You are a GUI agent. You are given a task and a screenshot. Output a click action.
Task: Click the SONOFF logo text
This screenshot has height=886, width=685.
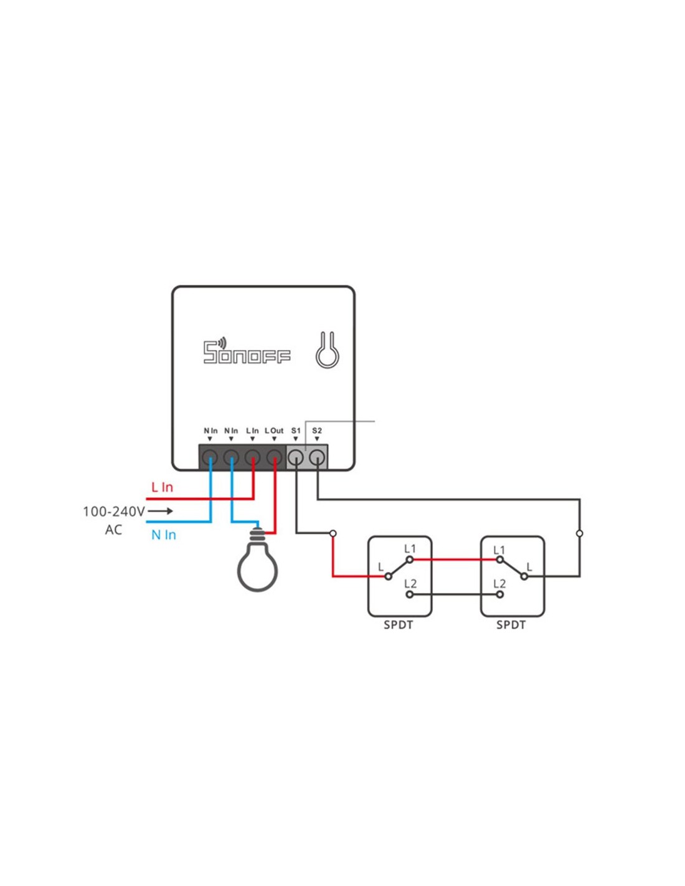[247, 351]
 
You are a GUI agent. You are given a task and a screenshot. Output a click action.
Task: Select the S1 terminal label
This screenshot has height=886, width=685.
[296, 431]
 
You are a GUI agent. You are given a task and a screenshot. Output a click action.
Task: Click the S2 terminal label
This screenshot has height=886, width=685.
[316, 431]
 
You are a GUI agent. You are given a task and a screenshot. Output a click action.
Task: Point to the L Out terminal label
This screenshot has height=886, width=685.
[274, 431]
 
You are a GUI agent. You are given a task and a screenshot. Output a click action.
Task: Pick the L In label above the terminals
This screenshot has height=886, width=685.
[252, 431]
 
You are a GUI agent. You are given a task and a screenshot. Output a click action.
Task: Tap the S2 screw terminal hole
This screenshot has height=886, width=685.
[317, 458]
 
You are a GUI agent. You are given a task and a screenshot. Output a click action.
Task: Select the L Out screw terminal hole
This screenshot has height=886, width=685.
[274, 458]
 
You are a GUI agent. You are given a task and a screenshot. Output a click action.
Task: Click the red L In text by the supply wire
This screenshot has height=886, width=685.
[162, 487]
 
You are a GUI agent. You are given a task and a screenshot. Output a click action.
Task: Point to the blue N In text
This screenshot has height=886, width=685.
[163, 535]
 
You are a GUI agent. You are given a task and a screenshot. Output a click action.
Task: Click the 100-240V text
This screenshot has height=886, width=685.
[114, 512]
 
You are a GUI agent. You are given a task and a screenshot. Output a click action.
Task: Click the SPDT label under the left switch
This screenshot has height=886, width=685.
[398, 625]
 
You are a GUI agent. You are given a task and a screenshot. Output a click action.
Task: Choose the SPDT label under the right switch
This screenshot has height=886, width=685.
[511, 625]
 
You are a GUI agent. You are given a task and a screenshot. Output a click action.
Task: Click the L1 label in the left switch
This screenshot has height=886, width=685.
[410, 549]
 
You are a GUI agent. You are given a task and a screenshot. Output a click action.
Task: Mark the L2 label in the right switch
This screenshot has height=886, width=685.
[499, 584]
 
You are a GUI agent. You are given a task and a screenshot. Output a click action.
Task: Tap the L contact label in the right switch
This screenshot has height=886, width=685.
[529, 566]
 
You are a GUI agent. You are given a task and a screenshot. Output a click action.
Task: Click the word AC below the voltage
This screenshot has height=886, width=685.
[114, 530]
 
